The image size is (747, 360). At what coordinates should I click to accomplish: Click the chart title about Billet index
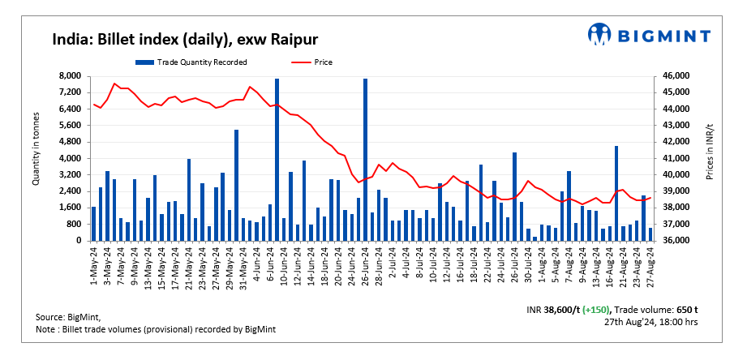[185, 39]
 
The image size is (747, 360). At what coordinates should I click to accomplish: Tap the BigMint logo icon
[599, 34]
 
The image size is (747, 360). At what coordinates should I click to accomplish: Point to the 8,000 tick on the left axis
[71, 75]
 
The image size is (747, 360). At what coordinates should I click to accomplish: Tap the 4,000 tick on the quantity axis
[71, 158]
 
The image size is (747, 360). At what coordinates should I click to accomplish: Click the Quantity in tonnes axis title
[36, 158]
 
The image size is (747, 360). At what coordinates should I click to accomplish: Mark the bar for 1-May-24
[93, 224]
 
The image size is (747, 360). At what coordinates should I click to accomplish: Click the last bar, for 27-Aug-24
[650, 234]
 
